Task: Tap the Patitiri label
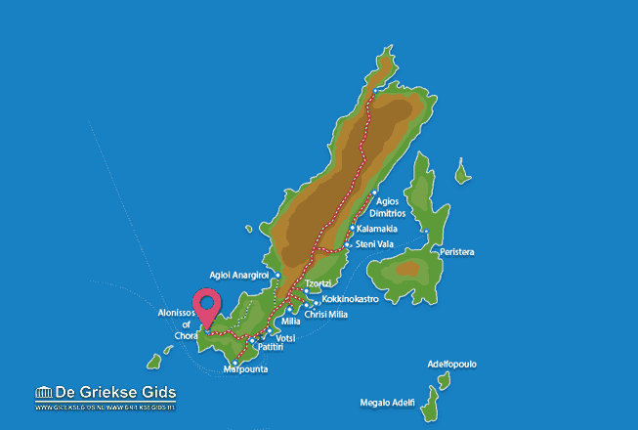tap(270, 347)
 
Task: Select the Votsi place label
tap(285, 337)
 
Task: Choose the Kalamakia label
tap(377, 229)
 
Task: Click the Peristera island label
tap(457, 252)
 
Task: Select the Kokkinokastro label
tap(349, 299)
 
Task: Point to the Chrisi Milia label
tap(325, 314)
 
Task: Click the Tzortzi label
tap(319, 284)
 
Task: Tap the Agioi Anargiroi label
tap(239, 275)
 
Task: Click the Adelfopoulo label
tap(452, 364)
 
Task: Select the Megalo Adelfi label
tap(388, 402)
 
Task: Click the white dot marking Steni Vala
tap(348, 244)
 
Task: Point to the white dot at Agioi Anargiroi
tap(277, 275)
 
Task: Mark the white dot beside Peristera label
tap(428, 232)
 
